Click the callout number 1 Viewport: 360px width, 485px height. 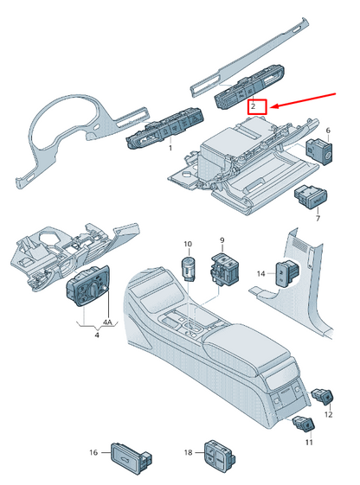(x=170, y=148)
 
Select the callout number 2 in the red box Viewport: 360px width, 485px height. (x=254, y=106)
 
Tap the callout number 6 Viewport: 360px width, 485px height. (x=328, y=131)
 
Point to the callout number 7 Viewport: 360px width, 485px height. (x=318, y=219)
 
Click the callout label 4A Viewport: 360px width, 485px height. (x=107, y=322)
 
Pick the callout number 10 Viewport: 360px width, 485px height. (x=188, y=244)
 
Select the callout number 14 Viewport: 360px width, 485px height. (x=261, y=274)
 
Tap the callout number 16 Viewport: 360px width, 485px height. (x=93, y=452)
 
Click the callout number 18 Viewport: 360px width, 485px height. (x=188, y=452)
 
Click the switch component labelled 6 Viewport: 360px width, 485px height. (x=318, y=151)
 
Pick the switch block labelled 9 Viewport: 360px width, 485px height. (x=225, y=268)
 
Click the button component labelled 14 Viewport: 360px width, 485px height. (x=287, y=273)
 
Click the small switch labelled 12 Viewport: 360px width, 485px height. (x=322, y=396)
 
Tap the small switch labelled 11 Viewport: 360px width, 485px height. (x=304, y=424)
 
